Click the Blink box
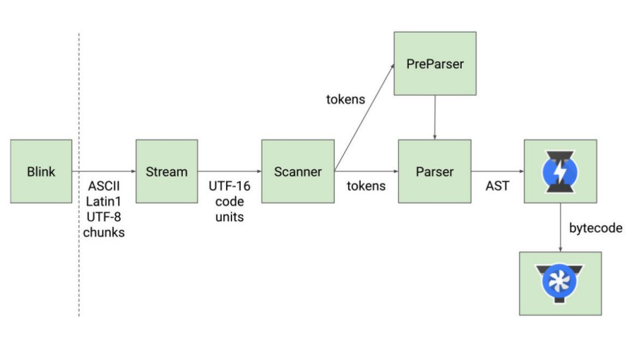click(41, 172)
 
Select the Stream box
click(167, 172)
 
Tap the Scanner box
click(297, 172)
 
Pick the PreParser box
click(434, 64)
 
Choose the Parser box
click(434, 172)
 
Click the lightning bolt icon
click(560, 172)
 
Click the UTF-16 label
click(229, 187)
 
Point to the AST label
click(498, 186)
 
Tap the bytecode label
click(595, 228)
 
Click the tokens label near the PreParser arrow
click(345, 100)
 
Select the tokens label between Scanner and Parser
click(366, 186)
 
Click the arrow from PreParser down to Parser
click(434, 117)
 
